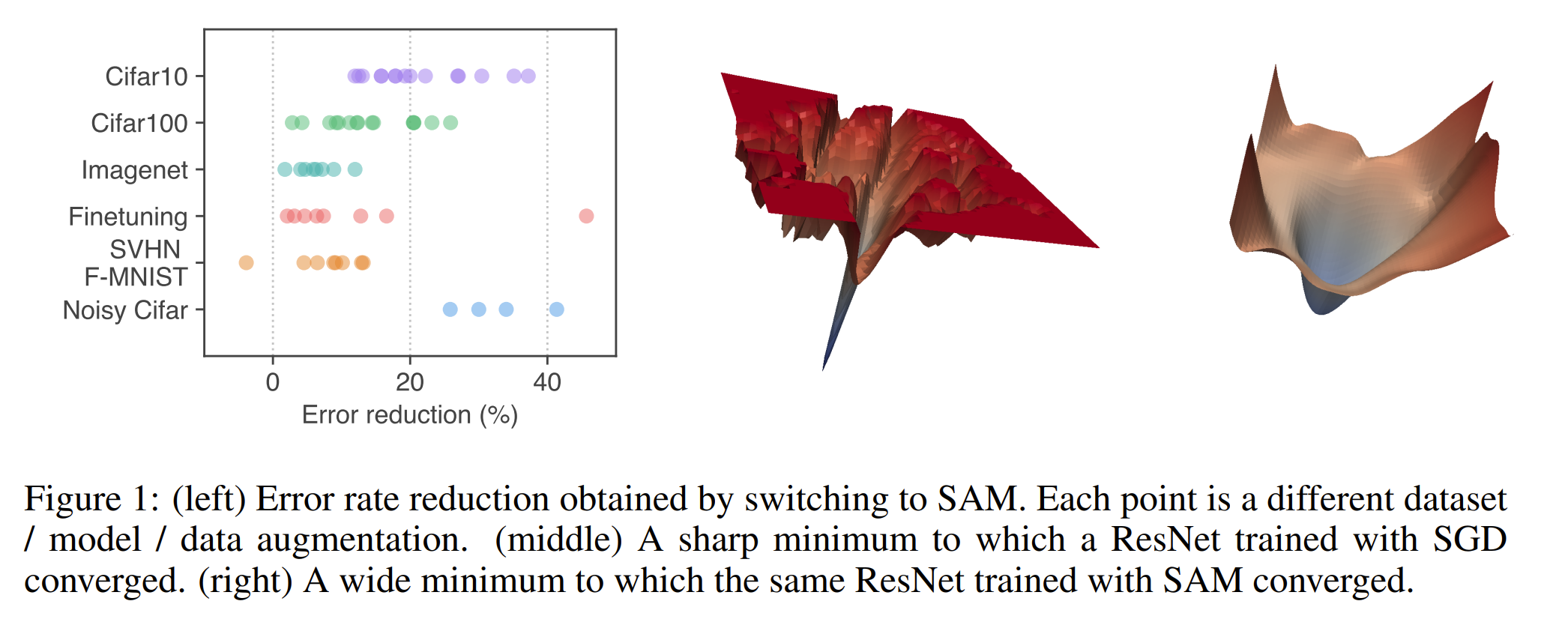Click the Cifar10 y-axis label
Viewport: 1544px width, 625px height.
tap(146, 76)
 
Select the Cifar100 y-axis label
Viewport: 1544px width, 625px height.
tap(139, 123)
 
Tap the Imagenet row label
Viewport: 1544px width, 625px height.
tap(134, 170)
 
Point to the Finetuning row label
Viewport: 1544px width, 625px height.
tap(128, 217)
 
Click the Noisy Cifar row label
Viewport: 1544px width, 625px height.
tap(125, 310)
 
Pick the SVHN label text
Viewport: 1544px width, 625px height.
tap(145, 249)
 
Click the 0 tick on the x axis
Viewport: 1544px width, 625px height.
tap(273, 382)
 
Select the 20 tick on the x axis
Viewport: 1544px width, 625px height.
tap(410, 382)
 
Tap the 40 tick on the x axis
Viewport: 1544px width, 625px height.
tap(547, 382)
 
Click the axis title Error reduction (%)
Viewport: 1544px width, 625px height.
tap(410, 414)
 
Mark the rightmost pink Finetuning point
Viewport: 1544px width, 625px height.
tap(586, 216)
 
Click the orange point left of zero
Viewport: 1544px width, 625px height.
tap(246, 262)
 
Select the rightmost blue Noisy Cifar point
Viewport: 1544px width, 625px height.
tap(556, 310)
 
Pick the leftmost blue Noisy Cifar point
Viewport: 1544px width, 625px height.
tap(450, 310)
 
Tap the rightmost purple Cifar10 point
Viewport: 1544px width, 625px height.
tap(528, 76)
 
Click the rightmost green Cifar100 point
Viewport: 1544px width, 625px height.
tap(450, 122)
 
